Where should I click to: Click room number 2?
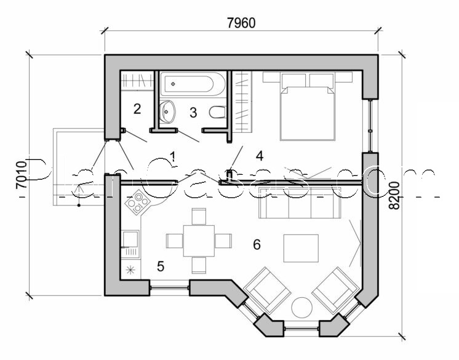coord(137,109)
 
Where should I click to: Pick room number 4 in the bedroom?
coord(260,156)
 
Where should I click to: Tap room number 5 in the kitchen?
coord(160,266)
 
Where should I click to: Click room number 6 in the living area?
coord(257,244)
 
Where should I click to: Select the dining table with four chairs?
coord(198,240)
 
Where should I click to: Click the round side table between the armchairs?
coord(303,307)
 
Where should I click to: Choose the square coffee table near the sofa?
coord(301,249)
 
